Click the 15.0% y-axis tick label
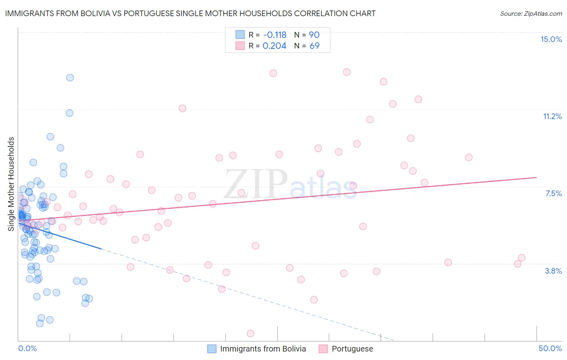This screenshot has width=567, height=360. tap(551, 39)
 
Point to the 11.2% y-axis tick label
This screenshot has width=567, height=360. tap(552, 116)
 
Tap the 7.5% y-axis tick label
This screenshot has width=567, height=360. tap(553, 193)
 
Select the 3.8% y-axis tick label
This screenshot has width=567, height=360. tap(553, 271)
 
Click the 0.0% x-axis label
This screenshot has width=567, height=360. tap(27, 348)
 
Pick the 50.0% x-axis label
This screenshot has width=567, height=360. tap(550, 348)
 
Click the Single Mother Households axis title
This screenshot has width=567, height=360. tap(11, 184)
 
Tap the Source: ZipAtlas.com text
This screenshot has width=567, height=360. tap(531, 13)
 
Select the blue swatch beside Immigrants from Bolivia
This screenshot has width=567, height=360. tap(212, 349)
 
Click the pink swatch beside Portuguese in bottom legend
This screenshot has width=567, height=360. tap(323, 349)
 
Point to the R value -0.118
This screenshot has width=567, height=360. tap(274, 35)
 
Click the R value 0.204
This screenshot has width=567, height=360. tap(274, 46)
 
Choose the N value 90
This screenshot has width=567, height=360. tap(314, 35)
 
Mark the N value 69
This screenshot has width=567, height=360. tap(314, 46)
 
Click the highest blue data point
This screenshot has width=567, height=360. tap(70, 77)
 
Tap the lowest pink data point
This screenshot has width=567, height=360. tap(250, 333)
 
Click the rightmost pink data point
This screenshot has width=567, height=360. tap(521, 258)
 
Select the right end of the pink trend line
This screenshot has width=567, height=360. tap(536, 177)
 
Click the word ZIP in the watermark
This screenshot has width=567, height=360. tap(256, 184)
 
